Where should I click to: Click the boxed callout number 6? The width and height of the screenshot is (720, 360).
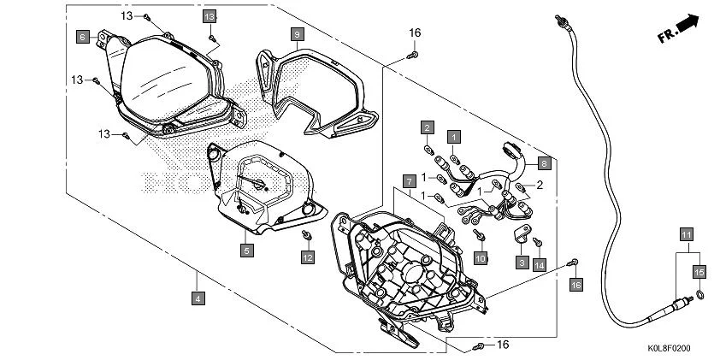pos(82,37)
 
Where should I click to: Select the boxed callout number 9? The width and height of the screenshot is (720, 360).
pos(296,34)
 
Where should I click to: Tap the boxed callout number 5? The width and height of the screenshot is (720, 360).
pos(245,251)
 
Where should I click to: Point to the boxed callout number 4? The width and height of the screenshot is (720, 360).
pos(198,298)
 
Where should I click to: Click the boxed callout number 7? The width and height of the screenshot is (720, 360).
pos(409,181)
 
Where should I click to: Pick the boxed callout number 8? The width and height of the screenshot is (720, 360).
pos(543,160)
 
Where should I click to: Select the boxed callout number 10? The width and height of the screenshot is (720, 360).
pos(480,257)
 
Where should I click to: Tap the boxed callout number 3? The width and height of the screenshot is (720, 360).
pos(520,263)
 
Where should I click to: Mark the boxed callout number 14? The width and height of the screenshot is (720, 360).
pos(539,266)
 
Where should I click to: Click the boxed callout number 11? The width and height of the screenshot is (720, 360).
pos(685,233)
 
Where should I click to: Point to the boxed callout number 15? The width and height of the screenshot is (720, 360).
pos(699,272)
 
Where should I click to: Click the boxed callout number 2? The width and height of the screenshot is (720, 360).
pos(425,127)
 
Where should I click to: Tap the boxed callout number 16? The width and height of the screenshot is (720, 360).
pos(575,284)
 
